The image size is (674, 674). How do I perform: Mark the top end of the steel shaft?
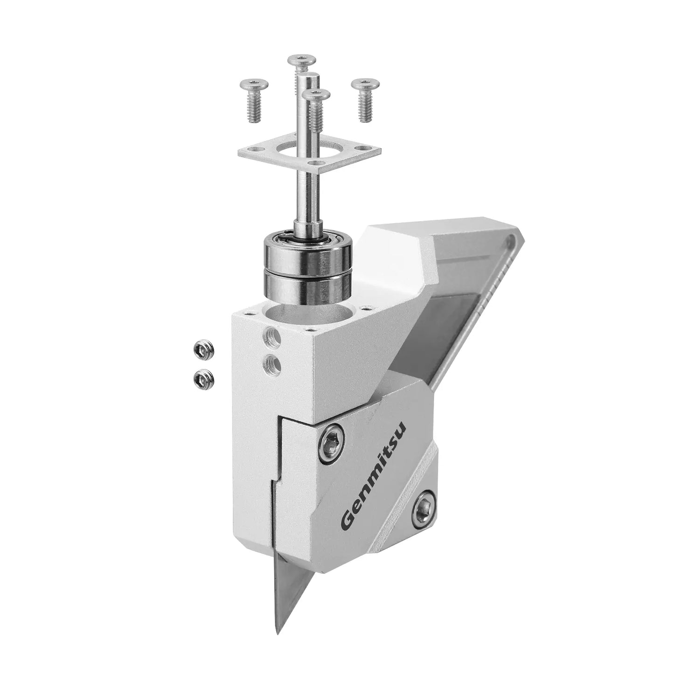coord(309,75)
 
